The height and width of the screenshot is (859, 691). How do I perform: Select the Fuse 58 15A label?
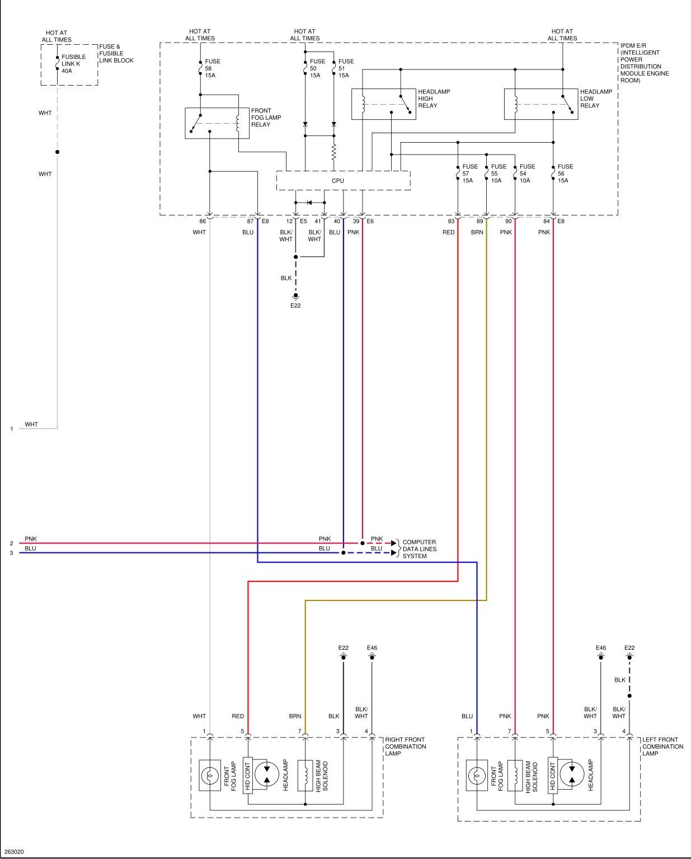(213, 68)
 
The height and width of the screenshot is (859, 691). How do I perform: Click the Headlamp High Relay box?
(384, 104)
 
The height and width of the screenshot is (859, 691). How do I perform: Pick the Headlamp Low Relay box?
(541, 104)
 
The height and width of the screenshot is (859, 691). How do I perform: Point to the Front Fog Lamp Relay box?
(217, 123)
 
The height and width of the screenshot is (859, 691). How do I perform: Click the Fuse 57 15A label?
(470, 173)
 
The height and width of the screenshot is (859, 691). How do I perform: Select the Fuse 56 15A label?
(565, 173)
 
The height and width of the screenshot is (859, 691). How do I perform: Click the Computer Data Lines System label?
(419, 549)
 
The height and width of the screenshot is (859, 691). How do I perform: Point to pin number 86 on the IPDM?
(203, 221)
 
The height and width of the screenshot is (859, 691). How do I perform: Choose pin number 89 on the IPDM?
(480, 221)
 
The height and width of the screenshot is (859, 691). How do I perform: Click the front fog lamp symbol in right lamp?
(210, 776)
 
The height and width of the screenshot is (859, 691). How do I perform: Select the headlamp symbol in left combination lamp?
(572, 775)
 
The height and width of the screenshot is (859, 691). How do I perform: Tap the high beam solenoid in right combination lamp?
(305, 775)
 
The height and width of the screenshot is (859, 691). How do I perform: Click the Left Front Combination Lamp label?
(662, 747)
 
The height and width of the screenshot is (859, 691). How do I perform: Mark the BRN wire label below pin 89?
(477, 232)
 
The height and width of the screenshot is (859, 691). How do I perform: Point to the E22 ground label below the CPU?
(295, 306)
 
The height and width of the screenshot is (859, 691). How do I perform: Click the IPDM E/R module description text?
(644, 63)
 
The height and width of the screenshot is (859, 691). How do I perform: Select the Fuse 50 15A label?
(317, 68)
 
